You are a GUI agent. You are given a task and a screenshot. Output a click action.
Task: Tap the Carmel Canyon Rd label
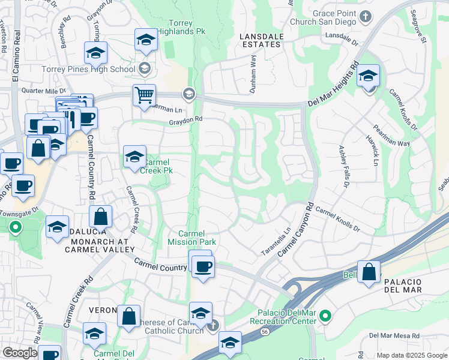[296, 229]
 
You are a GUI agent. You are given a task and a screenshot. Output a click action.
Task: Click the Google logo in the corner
[20, 353]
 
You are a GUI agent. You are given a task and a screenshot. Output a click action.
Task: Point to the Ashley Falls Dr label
[343, 166]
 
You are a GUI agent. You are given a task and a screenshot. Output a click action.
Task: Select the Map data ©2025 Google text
[412, 355]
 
